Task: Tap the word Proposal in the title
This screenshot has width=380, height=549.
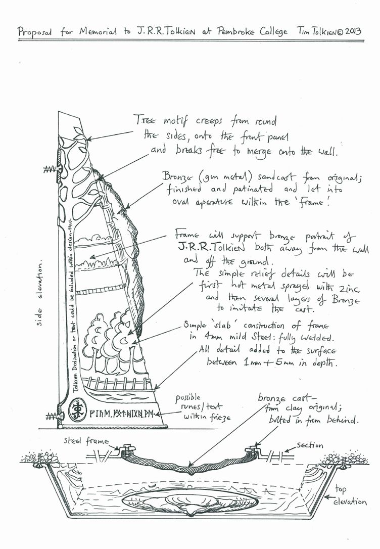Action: pos(34,32)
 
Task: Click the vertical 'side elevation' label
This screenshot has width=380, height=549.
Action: pos(39,298)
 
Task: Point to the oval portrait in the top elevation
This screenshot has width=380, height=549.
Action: pos(191,504)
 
